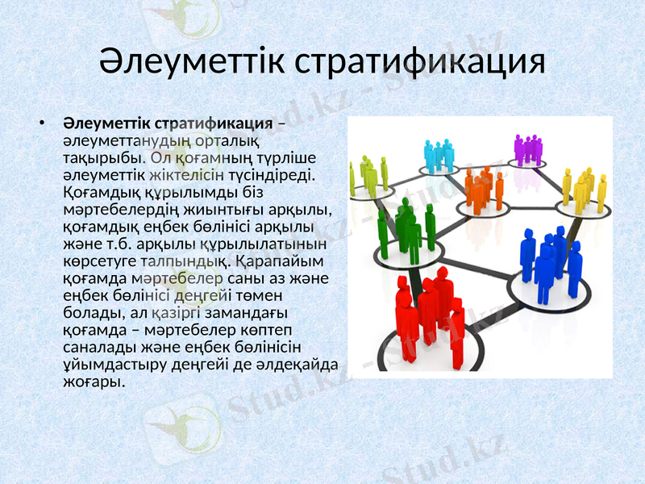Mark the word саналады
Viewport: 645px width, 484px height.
pos(94,346)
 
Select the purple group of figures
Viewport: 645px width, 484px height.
pos(528,149)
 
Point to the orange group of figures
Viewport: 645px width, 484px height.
pos(484,188)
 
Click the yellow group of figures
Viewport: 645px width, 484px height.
pos(584,189)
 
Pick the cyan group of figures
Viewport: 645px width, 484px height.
pos(439,156)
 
